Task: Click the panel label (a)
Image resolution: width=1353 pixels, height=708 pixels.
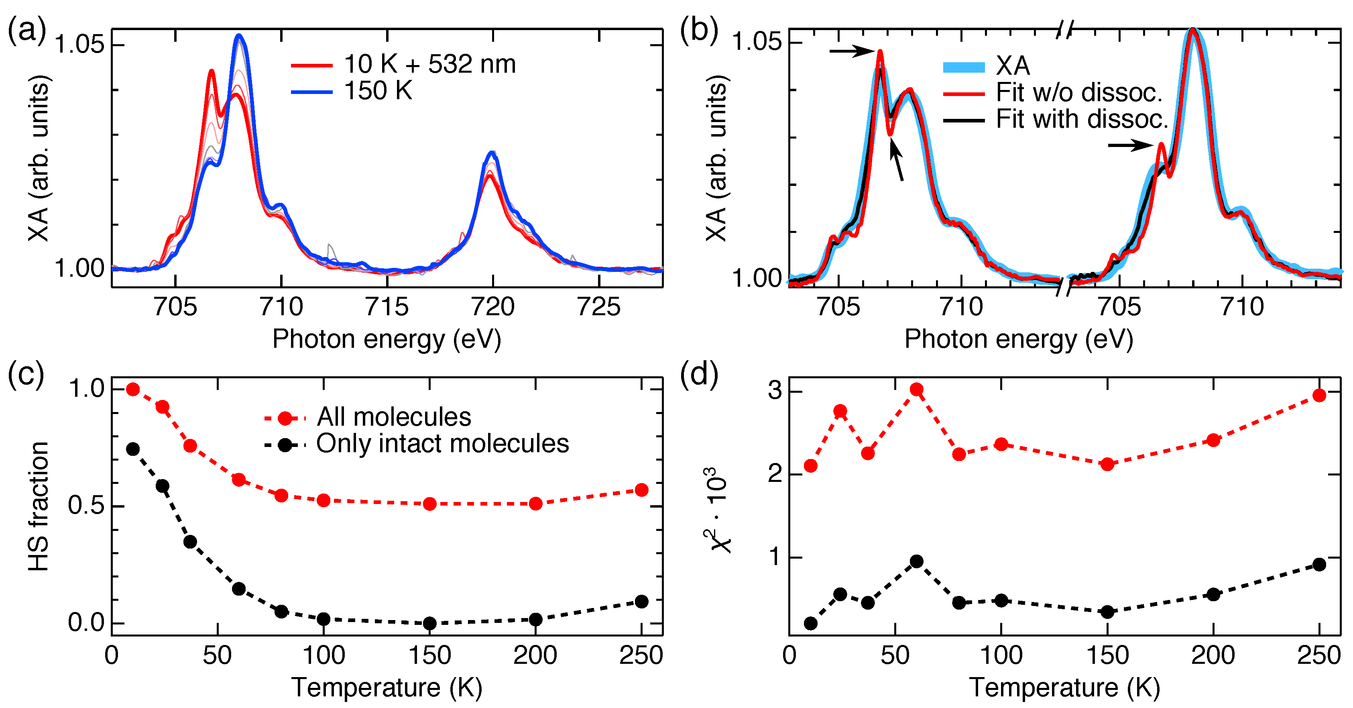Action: click(26, 31)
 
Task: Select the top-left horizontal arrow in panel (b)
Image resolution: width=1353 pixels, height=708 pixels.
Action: click(852, 51)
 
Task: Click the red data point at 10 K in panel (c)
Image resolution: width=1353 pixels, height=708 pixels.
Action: click(133, 390)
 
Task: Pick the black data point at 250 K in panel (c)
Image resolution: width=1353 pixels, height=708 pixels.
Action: click(641, 601)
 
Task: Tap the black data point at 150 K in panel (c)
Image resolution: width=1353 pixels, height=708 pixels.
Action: click(429, 623)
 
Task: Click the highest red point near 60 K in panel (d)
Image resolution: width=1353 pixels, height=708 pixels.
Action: click(917, 390)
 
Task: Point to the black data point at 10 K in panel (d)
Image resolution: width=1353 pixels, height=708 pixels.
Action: click(810, 623)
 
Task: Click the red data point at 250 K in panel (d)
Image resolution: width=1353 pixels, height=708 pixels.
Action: click(1319, 395)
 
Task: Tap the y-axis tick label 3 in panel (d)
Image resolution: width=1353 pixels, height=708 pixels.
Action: click(775, 392)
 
